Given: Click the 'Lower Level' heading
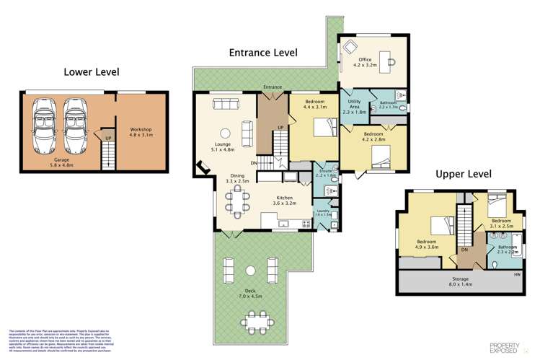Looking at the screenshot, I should tap(92, 71).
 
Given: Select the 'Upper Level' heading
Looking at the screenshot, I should tap(464, 174).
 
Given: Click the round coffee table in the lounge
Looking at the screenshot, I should tap(224, 132).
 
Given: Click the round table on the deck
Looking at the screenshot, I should tap(249, 271).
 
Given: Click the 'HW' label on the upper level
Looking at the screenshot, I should tap(517, 273).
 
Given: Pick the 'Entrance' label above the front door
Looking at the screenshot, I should tap(273, 87).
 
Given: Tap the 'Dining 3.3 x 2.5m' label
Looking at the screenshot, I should tap(239, 178).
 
